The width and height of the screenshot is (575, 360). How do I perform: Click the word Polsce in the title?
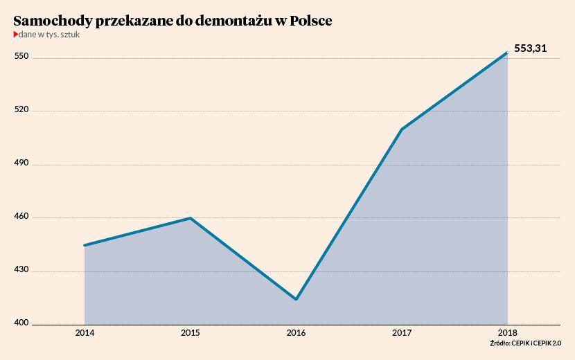point(310,21)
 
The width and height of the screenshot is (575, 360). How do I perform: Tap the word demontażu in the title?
point(232,21)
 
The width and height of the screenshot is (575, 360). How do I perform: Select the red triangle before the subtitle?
point(15,34)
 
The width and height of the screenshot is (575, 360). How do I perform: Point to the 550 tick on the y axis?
point(21,56)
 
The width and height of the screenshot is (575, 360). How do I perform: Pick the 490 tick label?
point(21,163)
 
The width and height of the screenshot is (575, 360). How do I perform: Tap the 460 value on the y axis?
point(21,217)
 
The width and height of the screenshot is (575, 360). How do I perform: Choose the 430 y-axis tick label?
point(21,270)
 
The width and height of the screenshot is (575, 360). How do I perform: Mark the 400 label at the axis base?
point(21,323)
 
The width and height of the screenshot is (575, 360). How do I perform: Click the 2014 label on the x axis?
point(85,333)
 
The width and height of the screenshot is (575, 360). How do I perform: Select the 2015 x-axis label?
point(191,333)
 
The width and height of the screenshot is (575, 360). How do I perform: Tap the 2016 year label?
point(297,333)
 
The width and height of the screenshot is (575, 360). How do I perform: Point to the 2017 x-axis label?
point(402,333)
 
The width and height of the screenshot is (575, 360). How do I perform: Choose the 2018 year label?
point(507,333)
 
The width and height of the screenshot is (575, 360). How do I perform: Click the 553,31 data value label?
point(531,48)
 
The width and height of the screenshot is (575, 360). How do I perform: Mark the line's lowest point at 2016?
point(297,299)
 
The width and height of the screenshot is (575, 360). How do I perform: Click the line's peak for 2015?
point(191,218)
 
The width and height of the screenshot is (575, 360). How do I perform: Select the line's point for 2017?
point(402,129)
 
